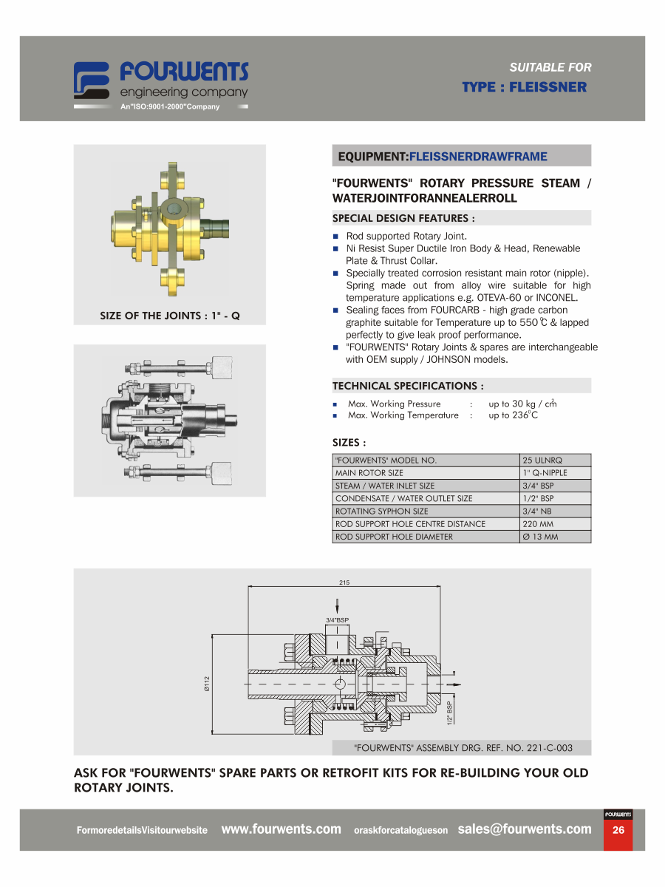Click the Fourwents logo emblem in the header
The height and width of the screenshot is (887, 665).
(91, 80)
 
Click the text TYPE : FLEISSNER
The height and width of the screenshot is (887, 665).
(524, 87)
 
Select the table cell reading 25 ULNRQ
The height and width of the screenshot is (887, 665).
(555, 460)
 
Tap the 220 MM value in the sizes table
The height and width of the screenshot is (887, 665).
(555, 524)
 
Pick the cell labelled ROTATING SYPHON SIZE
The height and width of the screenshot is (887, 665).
(426, 512)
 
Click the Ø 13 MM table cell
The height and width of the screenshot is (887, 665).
(555, 537)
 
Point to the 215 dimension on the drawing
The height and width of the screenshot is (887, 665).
(344, 582)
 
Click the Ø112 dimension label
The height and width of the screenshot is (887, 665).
(207, 684)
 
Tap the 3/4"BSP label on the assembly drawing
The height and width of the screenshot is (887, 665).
(337, 620)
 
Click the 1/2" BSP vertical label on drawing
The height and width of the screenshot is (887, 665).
(449, 713)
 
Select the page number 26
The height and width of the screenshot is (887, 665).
(618, 829)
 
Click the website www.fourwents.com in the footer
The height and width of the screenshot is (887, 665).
(281, 829)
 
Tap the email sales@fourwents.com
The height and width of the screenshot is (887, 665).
(524, 829)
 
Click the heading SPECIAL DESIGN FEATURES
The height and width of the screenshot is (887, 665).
(403, 218)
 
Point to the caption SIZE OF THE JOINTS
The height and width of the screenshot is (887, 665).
(150, 316)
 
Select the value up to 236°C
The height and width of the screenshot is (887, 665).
(513, 415)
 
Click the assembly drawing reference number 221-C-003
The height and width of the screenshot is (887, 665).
(549, 748)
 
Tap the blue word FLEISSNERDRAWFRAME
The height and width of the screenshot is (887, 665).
(478, 157)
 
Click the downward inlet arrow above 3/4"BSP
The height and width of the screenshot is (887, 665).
(337, 605)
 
